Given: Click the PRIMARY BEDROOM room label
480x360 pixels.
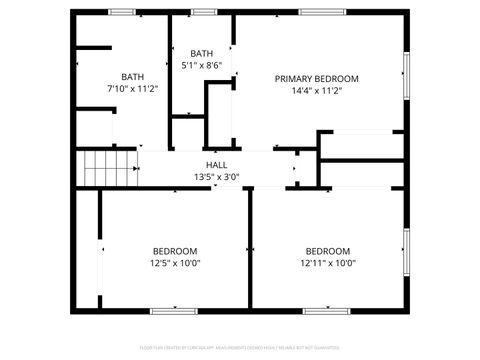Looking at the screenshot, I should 317,78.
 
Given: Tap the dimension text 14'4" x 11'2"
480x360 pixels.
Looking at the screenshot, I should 317,90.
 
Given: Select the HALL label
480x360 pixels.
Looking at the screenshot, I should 216,165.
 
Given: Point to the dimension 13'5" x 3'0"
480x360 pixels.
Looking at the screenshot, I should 216,177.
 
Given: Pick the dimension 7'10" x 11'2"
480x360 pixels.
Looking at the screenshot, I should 133,89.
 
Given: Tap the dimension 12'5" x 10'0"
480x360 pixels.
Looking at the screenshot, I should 175,263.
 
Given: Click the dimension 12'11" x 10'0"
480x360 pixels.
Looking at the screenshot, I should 328,263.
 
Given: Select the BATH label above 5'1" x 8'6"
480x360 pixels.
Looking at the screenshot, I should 202,54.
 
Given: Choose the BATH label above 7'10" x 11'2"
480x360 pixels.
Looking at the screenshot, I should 133,77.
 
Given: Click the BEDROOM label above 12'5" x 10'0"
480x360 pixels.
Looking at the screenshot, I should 175,251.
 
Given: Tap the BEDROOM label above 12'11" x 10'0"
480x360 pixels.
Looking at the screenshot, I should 328,251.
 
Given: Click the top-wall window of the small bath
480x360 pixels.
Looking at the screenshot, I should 204,12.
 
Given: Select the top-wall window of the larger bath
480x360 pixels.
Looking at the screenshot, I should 123,12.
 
